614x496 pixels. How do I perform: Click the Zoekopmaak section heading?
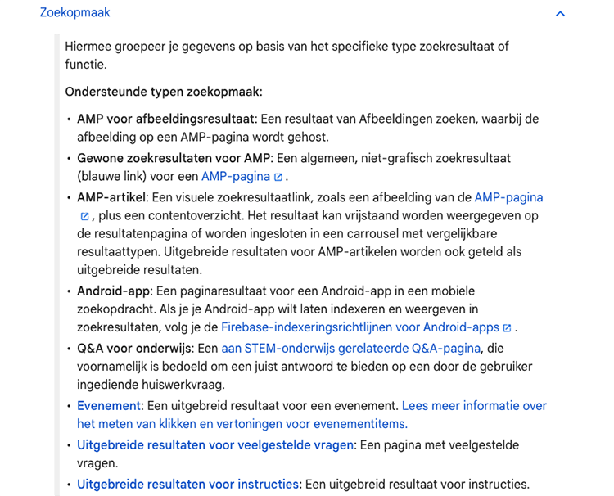coord(75,13)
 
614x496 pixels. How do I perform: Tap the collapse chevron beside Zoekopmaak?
coord(560,14)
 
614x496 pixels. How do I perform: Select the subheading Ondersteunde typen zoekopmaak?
coord(164,92)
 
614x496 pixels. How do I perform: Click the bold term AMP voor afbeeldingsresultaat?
coord(166,119)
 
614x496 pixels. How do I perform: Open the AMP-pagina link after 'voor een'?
coord(236,176)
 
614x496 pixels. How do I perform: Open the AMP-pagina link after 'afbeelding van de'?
coord(508,197)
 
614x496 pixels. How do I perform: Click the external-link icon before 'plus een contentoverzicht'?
coord(84,216)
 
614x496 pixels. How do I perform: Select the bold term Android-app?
coord(112,291)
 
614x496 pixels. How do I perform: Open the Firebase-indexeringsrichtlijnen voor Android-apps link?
coord(360,327)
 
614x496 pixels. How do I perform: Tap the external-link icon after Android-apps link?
coord(508,328)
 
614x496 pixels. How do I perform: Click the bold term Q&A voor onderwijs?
coord(135,348)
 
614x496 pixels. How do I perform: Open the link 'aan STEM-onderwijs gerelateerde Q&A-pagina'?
coord(350,348)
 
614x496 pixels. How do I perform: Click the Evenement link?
coord(109,405)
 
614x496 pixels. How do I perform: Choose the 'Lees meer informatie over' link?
coord(474,405)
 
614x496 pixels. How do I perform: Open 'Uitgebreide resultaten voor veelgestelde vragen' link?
coord(215,444)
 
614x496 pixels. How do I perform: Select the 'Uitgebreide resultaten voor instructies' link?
coord(188,484)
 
